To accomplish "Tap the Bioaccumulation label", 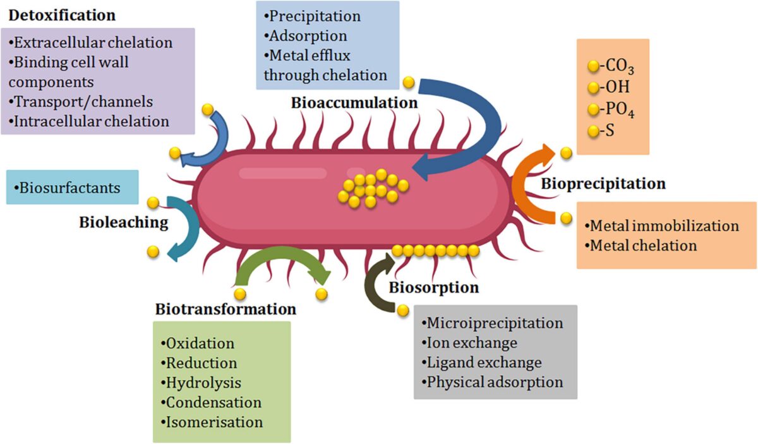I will (x=354, y=103).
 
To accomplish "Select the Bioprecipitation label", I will (x=603, y=184).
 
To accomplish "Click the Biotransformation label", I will (x=226, y=309).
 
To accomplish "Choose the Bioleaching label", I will (x=124, y=222).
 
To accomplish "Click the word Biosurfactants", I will (x=69, y=188).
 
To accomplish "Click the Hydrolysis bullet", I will (x=202, y=383).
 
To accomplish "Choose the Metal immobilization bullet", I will (x=663, y=226).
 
